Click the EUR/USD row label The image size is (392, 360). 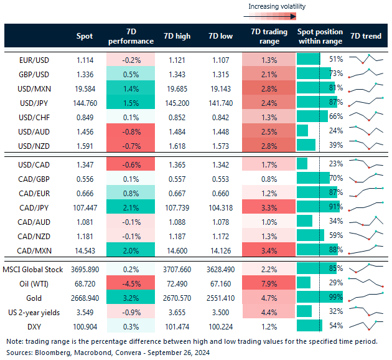tap(36, 59)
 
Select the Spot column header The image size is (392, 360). tap(84, 36)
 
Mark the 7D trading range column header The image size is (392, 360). tap(268, 36)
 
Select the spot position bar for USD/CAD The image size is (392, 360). tap(302, 163)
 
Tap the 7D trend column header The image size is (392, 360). tap(366, 36)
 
